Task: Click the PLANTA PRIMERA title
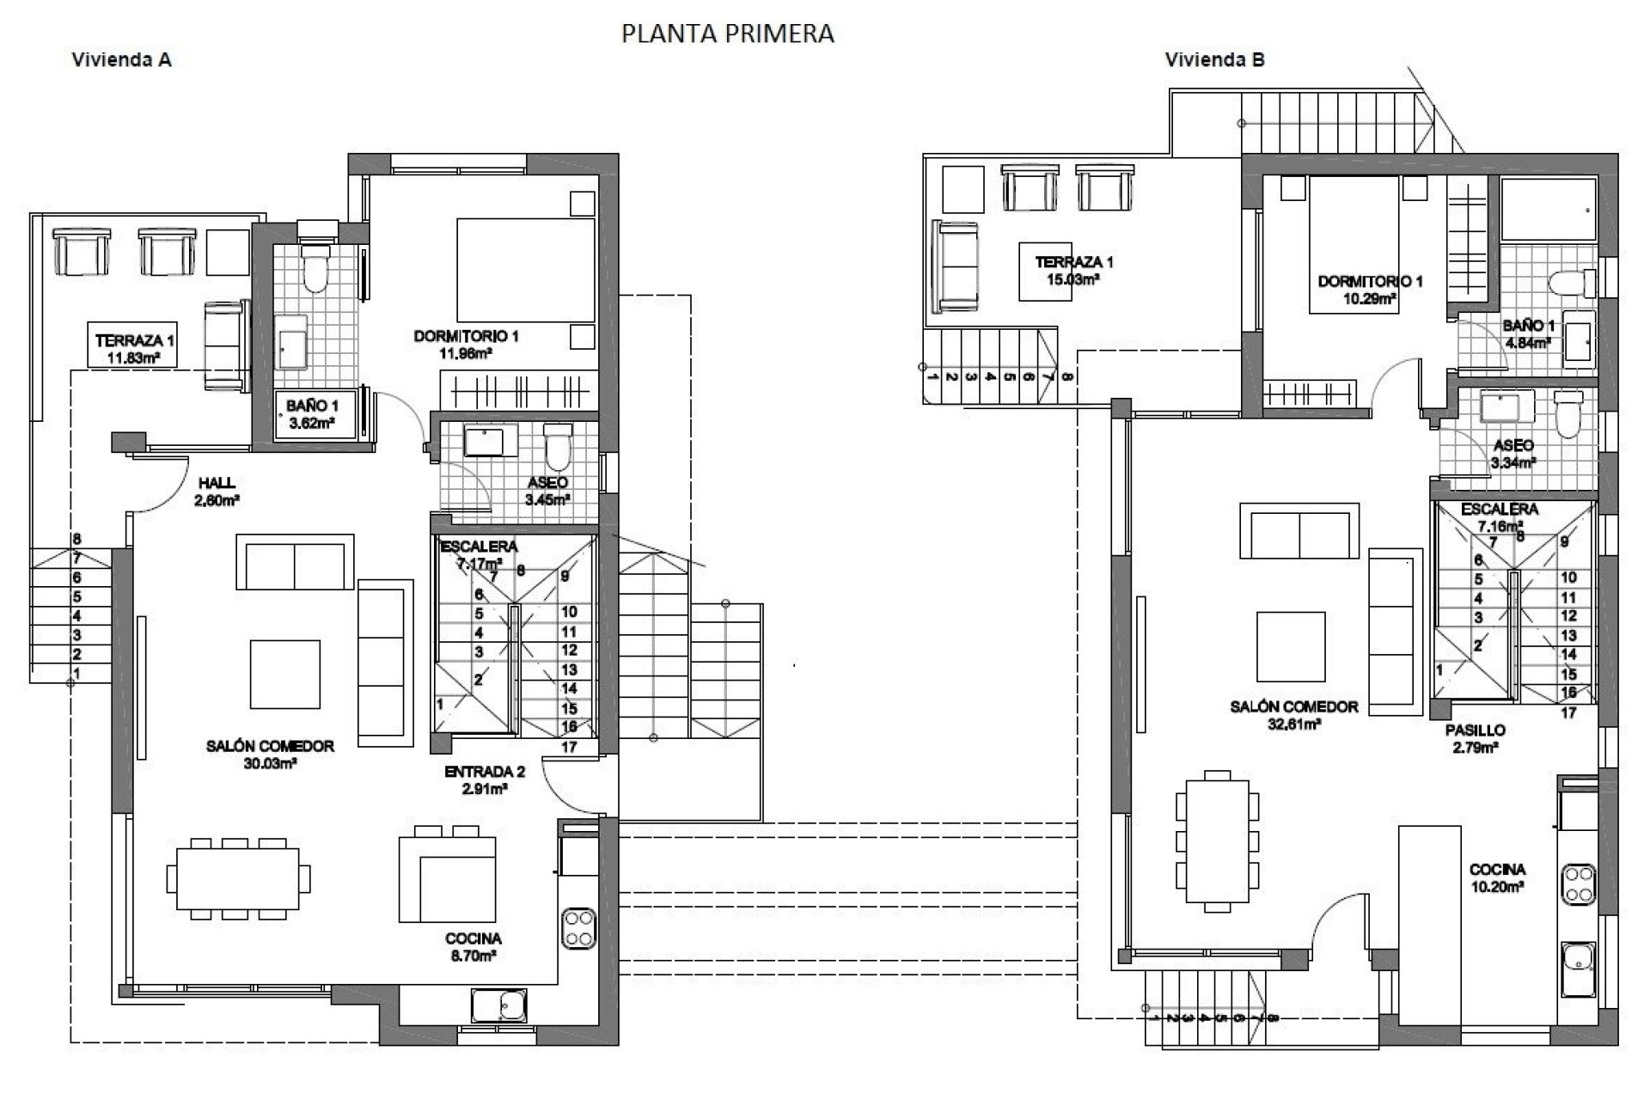[x=727, y=34]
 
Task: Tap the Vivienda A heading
[x=121, y=59]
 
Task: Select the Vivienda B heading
[x=1214, y=59]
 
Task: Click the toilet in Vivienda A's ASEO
[x=558, y=443]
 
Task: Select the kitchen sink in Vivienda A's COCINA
[x=498, y=1005]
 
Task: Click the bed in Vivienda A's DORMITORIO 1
[x=525, y=270]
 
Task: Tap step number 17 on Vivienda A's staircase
[x=569, y=747]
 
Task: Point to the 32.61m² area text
[x=1294, y=724]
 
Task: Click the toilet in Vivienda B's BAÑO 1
[x=1566, y=283]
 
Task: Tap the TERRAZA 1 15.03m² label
[x=1073, y=270]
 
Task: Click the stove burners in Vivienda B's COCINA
[x=1578, y=884]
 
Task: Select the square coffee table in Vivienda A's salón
[x=285, y=674]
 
